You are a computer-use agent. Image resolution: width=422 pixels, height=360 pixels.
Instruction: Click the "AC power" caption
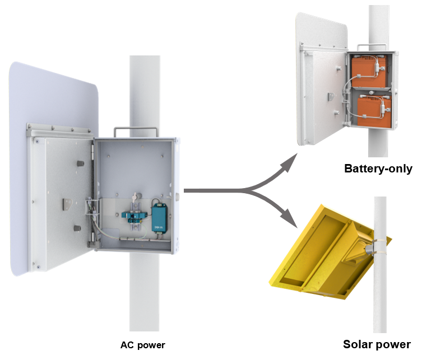coord(143,345)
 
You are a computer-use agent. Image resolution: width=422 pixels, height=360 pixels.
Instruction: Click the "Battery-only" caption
coord(378,168)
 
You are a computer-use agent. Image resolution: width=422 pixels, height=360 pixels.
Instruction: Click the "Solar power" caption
coord(377,344)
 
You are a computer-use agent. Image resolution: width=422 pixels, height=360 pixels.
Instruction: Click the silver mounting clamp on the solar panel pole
coord(373,246)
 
